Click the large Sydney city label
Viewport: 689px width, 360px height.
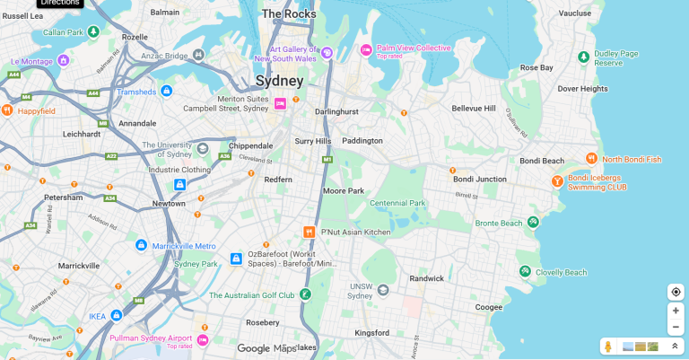[279, 81]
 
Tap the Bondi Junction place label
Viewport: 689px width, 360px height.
[478, 179]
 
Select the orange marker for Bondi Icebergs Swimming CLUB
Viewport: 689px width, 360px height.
[557, 181]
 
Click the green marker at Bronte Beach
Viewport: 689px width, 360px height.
[533, 222]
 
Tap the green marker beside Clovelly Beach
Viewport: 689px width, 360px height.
[524, 271]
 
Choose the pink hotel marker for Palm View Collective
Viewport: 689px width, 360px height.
[366, 49]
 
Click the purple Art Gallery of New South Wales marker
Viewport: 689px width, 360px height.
[327, 52]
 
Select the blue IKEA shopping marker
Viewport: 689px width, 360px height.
[116, 315]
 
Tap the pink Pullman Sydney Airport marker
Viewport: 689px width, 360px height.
[203, 340]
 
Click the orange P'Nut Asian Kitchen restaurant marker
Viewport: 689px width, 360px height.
[309, 232]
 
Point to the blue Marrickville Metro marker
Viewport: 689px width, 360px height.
[141, 245]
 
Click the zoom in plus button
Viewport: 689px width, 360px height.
[676, 311]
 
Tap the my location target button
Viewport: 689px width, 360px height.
[676, 292]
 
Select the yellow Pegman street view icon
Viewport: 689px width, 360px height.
[607, 347]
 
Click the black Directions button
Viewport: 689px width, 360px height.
[60, 3]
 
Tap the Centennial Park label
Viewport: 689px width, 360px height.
[397, 203]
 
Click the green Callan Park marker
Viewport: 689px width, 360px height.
[93, 31]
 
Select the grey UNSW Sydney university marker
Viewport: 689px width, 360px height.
[383, 290]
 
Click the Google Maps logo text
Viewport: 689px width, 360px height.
[266, 348]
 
